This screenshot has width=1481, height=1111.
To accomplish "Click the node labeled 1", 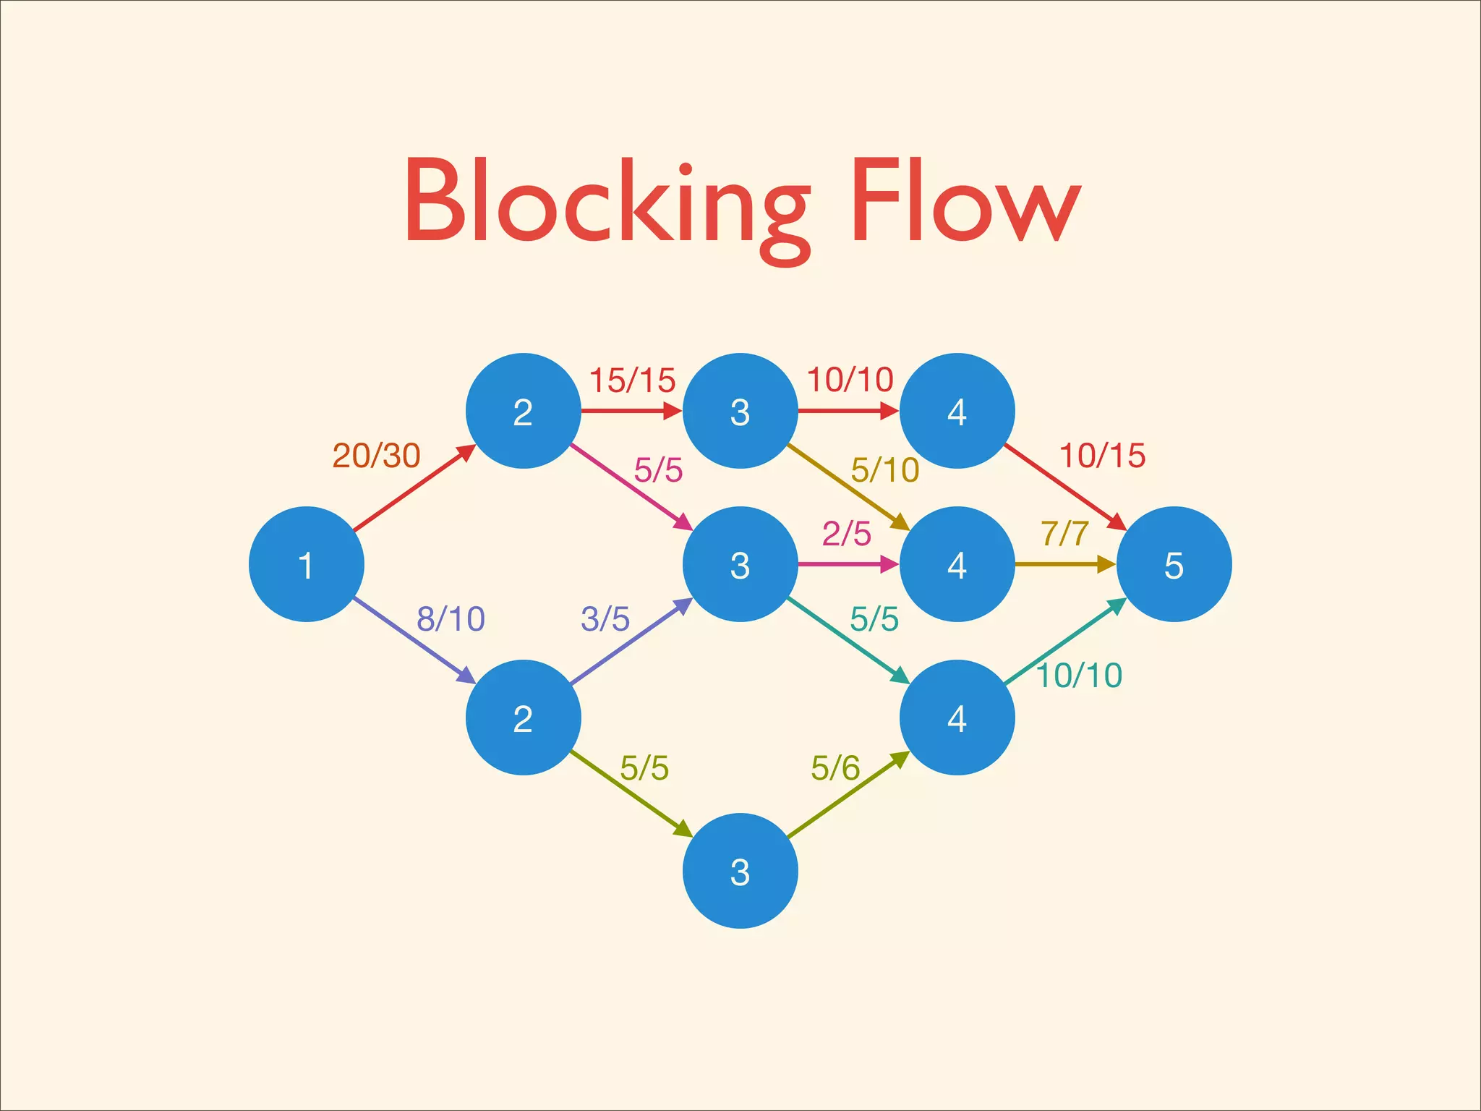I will point(306,564).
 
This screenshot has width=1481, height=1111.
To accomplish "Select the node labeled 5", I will point(1174,564).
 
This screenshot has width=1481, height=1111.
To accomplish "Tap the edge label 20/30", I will point(376,456).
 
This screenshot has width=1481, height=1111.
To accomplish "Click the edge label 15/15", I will point(632,380).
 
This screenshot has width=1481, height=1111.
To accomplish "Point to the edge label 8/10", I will point(451,619).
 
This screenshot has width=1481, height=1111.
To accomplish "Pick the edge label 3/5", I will point(605,619).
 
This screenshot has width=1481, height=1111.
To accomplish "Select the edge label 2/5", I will point(846,534).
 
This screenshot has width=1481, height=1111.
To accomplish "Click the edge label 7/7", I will point(1064,534).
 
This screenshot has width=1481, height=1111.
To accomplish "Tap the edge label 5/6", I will point(835,767).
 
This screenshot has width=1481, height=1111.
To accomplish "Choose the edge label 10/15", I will point(1102,456).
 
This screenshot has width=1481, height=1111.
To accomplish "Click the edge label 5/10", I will point(884,470).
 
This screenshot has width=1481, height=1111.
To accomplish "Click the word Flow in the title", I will point(965,203).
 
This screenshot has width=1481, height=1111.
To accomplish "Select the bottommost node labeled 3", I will point(740,871).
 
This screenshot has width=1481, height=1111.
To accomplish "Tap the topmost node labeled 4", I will point(957,411).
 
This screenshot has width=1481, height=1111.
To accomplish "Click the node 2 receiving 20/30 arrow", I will point(523,411).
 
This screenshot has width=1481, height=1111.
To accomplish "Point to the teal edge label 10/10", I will point(1079,676).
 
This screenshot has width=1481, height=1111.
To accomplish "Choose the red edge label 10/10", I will point(850,380).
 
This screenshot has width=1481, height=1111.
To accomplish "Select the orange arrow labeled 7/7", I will point(1063,564).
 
